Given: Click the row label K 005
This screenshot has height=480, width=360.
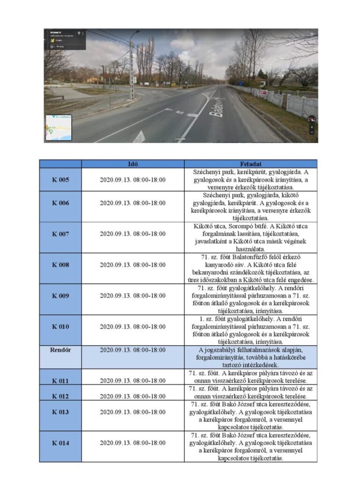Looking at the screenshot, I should click(x=60, y=180).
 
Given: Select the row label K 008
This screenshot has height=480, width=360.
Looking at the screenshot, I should click(x=60, y=265).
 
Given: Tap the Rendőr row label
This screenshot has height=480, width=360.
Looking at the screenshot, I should click(x=60, y=350).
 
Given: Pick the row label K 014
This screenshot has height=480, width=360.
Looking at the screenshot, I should click(x=60, y=442).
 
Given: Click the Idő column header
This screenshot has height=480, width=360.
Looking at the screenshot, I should click(x=133, y=164).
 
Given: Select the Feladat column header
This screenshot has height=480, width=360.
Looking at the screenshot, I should click(x=251, y=164).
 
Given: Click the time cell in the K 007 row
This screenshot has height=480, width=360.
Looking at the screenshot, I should click(x=133, y=234).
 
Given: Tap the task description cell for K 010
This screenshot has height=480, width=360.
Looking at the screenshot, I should click(x=251, y=327).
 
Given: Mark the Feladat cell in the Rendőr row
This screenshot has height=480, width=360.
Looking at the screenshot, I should click(x=251, y=357).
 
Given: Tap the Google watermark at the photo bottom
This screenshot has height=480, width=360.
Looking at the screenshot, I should click(x=180, y=139).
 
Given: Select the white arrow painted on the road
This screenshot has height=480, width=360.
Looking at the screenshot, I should click(x=139, y=137).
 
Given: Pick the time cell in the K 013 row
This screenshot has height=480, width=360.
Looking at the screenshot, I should click(x=133, y=412).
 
